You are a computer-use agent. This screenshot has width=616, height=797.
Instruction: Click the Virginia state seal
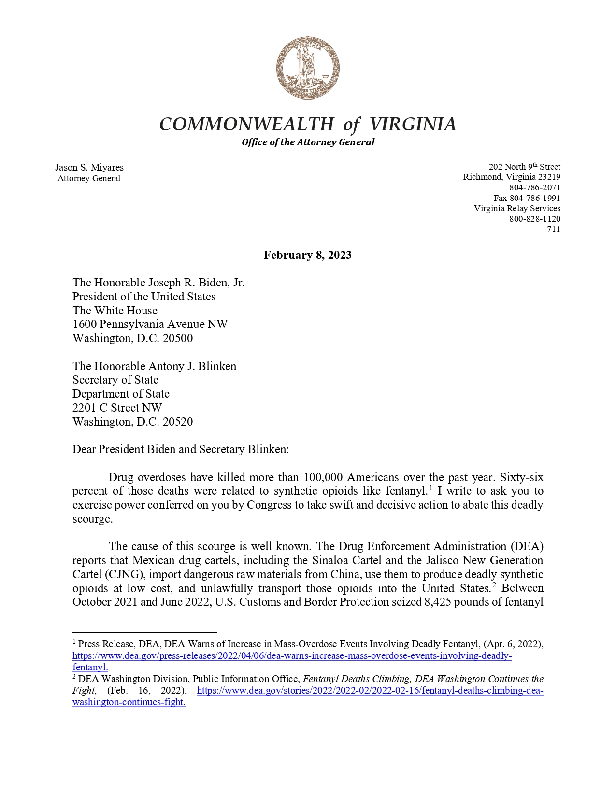coord(308,68)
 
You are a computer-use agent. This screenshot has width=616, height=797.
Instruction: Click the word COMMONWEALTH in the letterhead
coord(246,125)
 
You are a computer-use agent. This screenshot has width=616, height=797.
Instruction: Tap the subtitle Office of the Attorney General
coord(308,142)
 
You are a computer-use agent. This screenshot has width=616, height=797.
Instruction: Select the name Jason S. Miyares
coord(89,167)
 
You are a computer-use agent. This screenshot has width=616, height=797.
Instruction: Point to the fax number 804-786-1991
coord(535,198)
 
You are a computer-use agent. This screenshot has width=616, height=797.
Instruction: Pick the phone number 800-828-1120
coord(535,219)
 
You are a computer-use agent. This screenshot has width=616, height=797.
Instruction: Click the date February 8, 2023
coord(308,255)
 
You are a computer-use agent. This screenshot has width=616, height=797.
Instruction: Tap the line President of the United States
coord(144,297)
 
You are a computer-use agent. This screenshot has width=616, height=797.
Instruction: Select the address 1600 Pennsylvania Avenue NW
coord(150,324)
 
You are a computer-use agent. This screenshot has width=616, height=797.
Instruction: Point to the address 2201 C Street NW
coord(117,408)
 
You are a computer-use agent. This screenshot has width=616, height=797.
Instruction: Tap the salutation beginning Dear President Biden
coord(180,449)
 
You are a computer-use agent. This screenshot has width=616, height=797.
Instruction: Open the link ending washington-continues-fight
coord(129,702)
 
